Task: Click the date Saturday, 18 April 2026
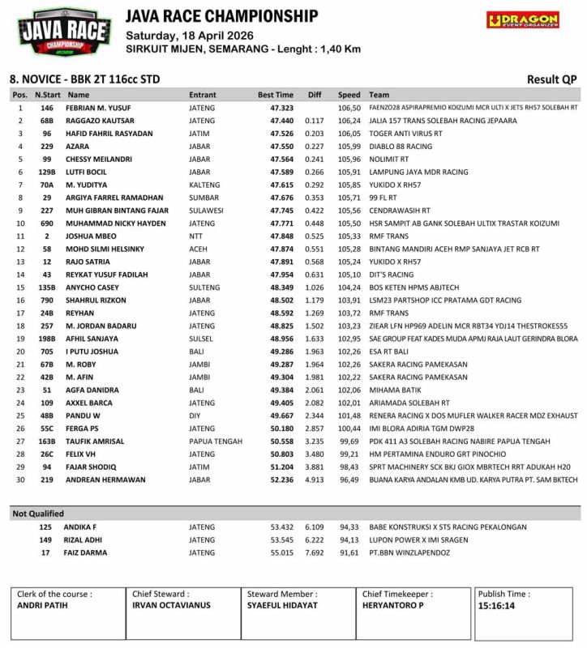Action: (189, 36)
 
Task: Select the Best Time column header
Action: (276, 95)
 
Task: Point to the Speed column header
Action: (349, 95)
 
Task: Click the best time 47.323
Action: (281, 108)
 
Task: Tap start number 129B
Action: (47, 172)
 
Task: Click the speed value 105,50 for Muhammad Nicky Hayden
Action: (349, 223)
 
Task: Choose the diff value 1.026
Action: (314, 287)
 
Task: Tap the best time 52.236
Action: (281, 480)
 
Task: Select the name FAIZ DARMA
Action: (86, 552)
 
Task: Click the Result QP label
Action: (551, 79)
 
